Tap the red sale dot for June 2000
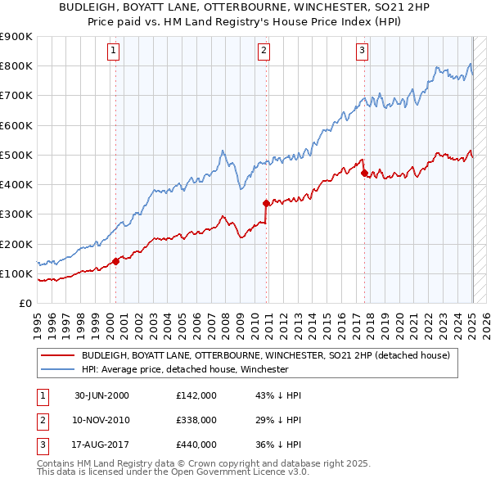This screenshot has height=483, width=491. pos(115,261)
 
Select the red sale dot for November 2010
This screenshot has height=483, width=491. pos(266,203)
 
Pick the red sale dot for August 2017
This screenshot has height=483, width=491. pos(364,173)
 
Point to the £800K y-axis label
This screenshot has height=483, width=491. pos(16,66)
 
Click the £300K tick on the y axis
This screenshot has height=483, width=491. pos(16,214)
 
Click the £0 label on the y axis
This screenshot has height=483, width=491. pos(24,304)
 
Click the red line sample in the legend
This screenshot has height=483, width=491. pos(57,356)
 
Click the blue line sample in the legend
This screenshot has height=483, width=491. pos(57,369)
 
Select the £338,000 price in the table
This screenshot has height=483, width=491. pos(196,420)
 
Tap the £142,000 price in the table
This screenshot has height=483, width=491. pos(196,395)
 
